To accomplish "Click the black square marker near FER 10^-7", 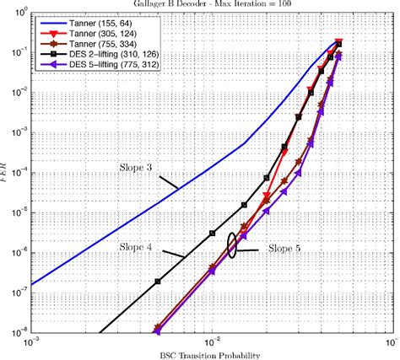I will coord(158,281).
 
